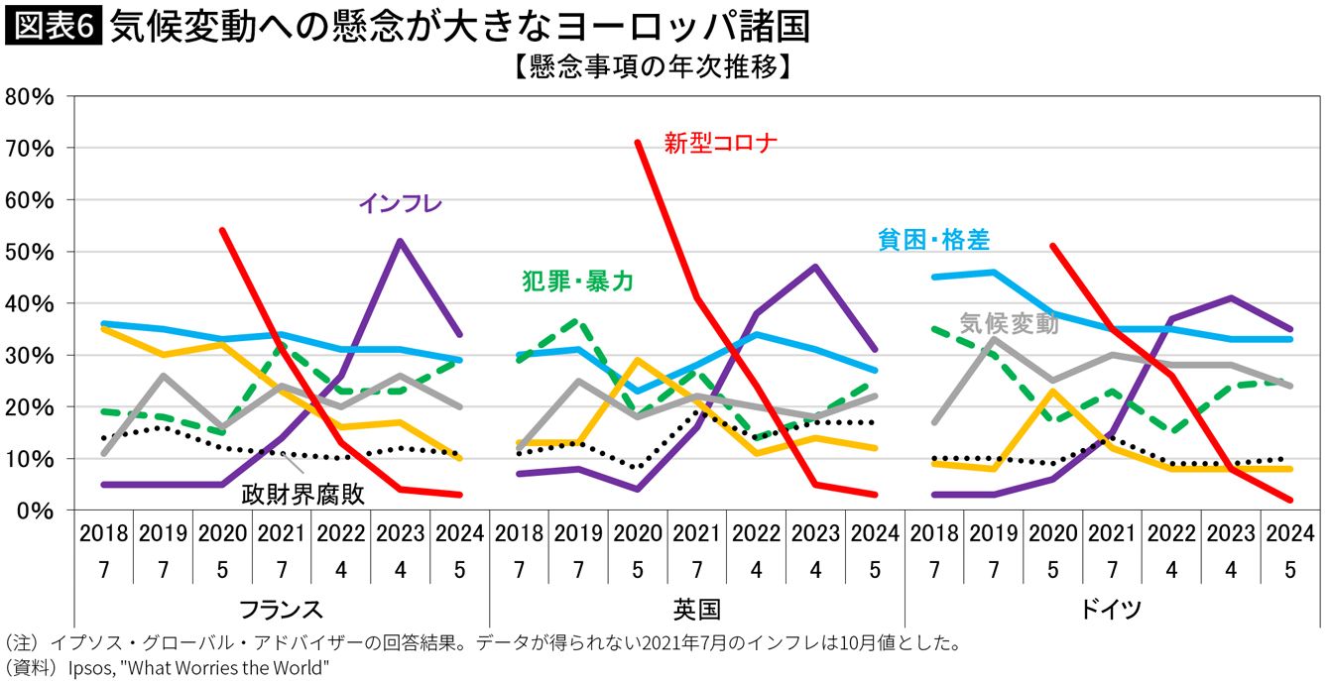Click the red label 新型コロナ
(x=720, y=143)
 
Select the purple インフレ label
(x=400, y=203)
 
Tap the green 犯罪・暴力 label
(x=577, y=282)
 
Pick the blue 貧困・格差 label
(x=933, y=239)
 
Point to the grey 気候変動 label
(x=1009, y=323)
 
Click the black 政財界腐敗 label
(x=304, y=494)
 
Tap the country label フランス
(x=281, y=608)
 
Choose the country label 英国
(x=696, y=608)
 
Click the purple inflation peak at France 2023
(x=400, y=241)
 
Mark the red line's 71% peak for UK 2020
(x=638, y=143)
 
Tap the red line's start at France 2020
(x=222, y=230)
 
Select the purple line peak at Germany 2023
(x=1231, y=297)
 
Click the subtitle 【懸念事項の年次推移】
(x=652, y=67)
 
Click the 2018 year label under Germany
(x=934, y=532)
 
